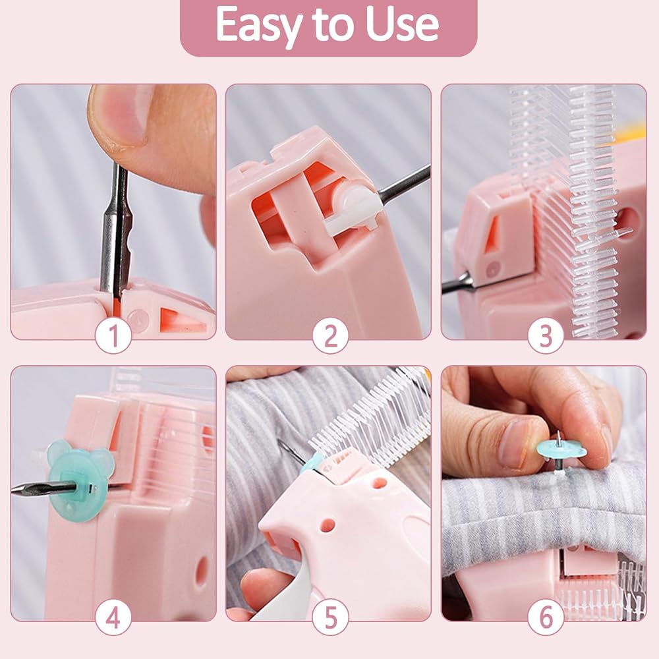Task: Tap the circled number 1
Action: pos(113,336)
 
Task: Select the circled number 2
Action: pos(331,336)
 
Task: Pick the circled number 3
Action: pos(546,336)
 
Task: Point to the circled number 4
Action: pos(113,618)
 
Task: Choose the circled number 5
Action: pos(331,618)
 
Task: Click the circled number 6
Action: pos(546,618)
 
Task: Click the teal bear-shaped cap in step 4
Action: pos(80,480)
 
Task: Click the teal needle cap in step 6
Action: pos(561,450)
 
